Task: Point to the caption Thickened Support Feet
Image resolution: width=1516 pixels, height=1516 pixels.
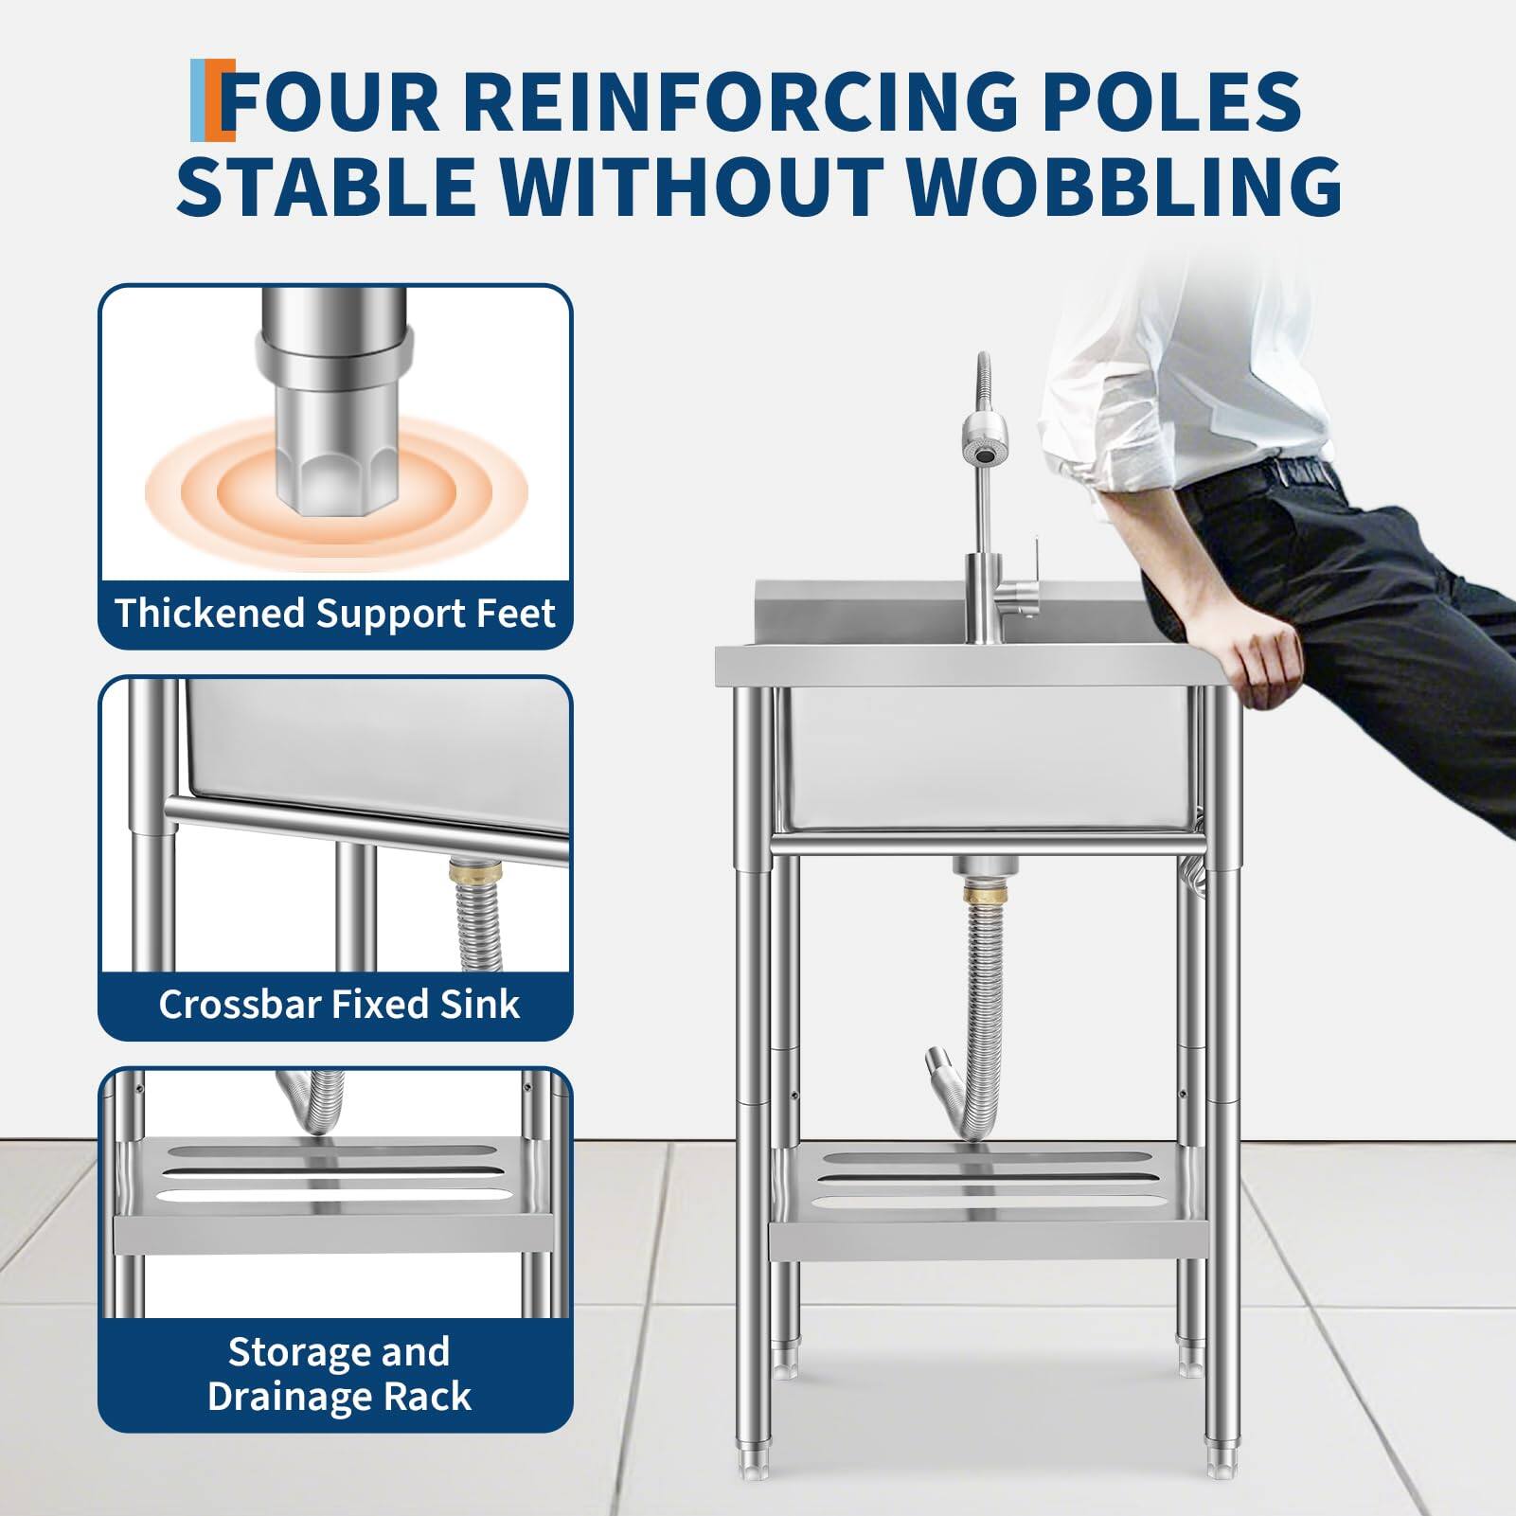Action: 335,614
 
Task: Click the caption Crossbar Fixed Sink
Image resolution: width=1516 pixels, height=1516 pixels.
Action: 339,1004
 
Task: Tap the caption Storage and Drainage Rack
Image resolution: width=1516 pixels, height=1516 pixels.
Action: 339,1374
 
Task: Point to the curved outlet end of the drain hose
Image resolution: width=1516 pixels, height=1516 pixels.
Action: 940,1062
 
